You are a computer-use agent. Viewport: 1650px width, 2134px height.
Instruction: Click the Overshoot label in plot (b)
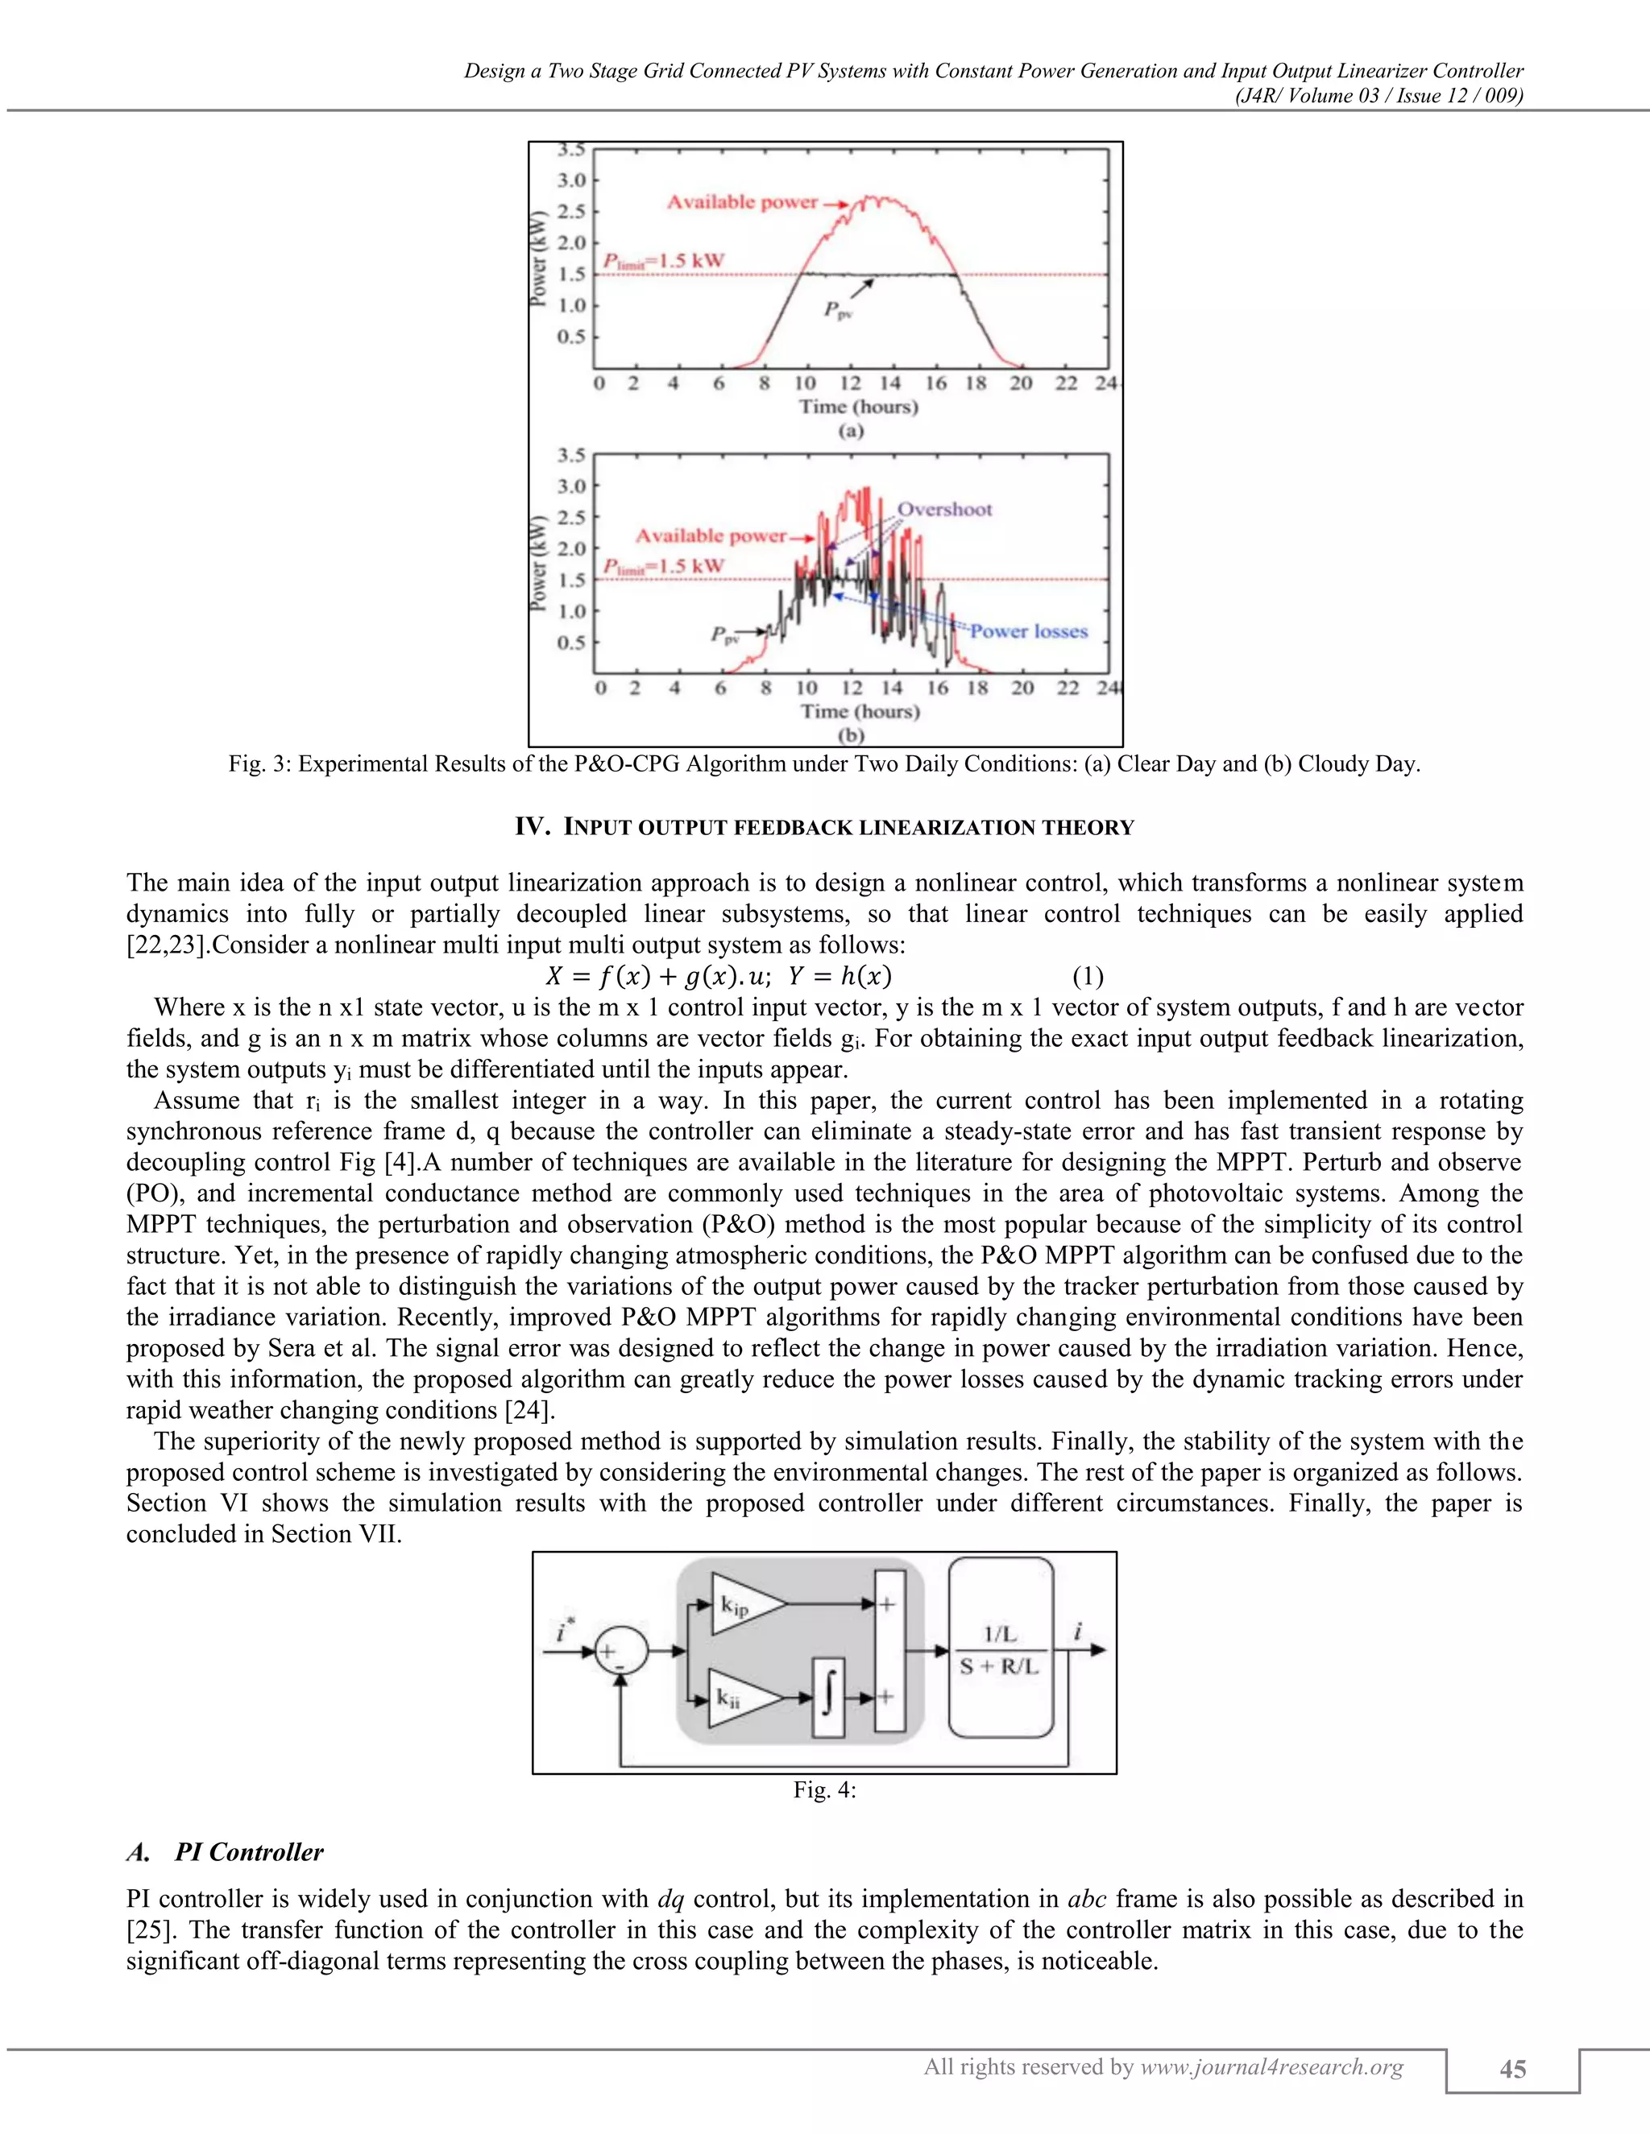click(944, 509)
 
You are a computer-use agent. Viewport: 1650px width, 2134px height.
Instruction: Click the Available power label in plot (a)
click(742, 202)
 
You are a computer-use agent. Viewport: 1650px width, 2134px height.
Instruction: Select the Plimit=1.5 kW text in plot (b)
click(664, 567)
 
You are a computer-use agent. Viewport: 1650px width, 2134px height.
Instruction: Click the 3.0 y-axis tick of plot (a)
click(571, 180)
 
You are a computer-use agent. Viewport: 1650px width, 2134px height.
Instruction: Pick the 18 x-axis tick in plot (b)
click(976, 688)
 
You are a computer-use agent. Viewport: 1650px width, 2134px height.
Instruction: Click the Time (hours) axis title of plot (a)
click(858, 407)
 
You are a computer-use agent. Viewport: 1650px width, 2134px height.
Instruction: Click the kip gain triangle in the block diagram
click(743, 1603)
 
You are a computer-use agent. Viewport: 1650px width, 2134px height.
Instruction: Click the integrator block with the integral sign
click(828, 1698)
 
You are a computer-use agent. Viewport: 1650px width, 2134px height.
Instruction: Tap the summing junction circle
click(620, 1652)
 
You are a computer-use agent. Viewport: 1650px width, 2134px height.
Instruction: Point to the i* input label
click(564, 1630)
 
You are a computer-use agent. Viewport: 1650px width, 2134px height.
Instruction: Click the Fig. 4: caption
click(824, 1790)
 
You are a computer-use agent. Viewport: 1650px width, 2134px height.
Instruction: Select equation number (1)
click(1087, 976)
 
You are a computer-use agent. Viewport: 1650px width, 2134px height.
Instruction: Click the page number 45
click(1512, 2070)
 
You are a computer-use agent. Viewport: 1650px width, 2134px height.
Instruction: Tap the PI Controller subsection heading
click(248, 1853)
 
